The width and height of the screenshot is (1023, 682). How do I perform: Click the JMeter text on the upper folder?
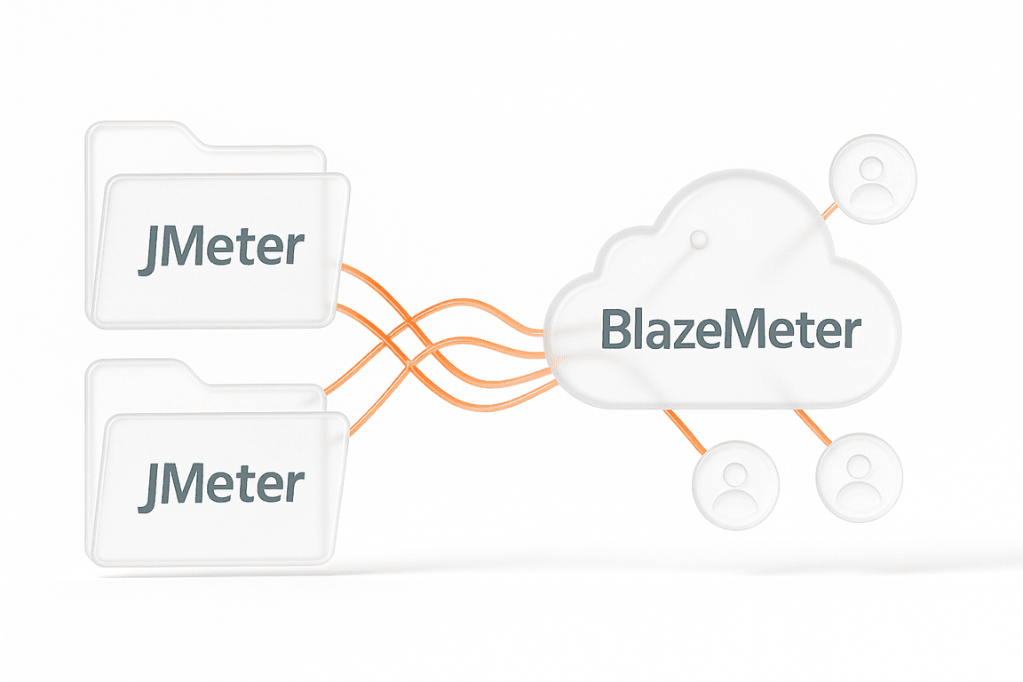(x=221, y=250)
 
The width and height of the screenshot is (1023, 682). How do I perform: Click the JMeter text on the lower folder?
(x=221, y=485)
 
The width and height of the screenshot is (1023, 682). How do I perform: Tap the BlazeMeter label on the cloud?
(x=731, y=329)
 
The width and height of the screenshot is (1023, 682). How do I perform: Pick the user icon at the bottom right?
(x=859, y=477)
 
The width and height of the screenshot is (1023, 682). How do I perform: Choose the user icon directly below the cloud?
(x=735, y=485)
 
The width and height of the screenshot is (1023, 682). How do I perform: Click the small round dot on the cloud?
(x=698, y=238)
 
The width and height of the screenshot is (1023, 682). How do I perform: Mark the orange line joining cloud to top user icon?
(x=829, y=210)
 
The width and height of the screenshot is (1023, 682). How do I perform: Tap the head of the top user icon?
(x=871, y=167)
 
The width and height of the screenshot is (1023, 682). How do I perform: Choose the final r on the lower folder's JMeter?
(x=296, y=489)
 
